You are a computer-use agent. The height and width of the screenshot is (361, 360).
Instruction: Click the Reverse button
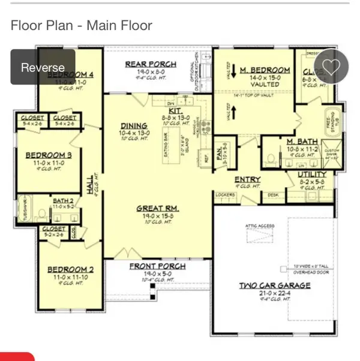[43, 67]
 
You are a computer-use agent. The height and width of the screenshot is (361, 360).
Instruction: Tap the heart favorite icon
[331, 66]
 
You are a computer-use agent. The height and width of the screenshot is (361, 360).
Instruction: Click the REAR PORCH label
[151, 64]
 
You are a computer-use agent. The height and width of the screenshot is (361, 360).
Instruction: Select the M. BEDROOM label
[265, 70]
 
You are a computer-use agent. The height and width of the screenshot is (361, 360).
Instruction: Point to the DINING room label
[134, 127]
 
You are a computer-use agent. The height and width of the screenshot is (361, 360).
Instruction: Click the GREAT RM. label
[158, 209]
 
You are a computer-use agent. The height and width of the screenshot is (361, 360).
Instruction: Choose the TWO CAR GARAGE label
[275, 285]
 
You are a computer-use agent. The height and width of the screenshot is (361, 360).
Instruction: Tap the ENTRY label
[247, 179]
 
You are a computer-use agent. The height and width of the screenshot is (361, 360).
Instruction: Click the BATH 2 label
[62, 200]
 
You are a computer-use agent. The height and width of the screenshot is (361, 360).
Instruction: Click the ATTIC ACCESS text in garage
[260, 226]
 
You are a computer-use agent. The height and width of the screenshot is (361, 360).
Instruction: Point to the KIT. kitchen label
[175, 111]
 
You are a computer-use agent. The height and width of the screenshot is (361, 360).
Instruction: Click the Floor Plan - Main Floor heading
[81, 25]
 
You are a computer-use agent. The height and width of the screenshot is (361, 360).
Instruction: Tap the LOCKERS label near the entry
[224, 195]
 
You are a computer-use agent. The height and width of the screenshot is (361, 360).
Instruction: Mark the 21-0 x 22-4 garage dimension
[275, 293]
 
